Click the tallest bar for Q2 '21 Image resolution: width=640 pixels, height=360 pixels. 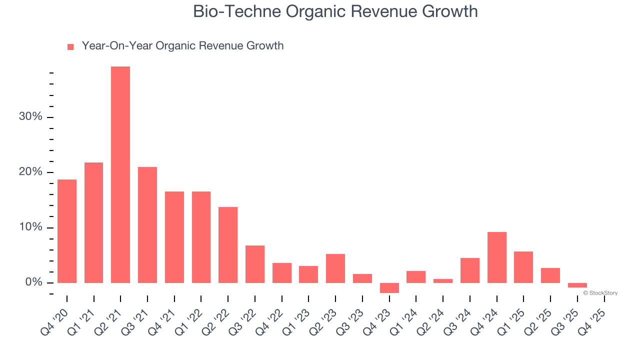pyautogui.click(x=120, y=174)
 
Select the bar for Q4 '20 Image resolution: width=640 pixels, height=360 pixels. pyautogui.click(x=67, y=231)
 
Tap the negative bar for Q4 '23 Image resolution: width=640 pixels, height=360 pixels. pyautogui.click(x=389, y=288)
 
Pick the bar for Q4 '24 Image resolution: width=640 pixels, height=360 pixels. pyautogui.click(x=496, y=257)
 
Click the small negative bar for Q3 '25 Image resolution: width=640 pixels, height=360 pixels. pyautogui.click(x=577, y=285)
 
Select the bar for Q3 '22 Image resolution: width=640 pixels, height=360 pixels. pyautogui.click(x=255, y=264)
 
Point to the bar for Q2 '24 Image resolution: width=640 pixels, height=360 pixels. pyautogui.click(x=443, y=281)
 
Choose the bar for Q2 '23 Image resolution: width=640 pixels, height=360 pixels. pyautogui.click(x=335, y=268)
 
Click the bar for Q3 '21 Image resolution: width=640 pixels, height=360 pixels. pyautogui.click(x=147, y=225)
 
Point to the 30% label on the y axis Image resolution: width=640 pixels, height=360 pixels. pyautogui.click(x=30, y=116)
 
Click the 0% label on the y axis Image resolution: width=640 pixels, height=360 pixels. pyautogui.click(x=33, y=282)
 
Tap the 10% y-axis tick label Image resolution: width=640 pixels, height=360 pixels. pyautogui.click(x=30, y=227)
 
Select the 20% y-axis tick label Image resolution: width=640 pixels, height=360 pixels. pyautogui.click(x=30, y=172)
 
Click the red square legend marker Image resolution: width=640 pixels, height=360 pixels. pyautogui.click(x=70, y=46)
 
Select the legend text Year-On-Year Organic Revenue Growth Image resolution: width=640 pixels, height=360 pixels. pyautogui.click(x=182, y=46)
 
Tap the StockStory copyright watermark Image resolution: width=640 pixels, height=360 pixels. pyautogui.click(x=600, y=293)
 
